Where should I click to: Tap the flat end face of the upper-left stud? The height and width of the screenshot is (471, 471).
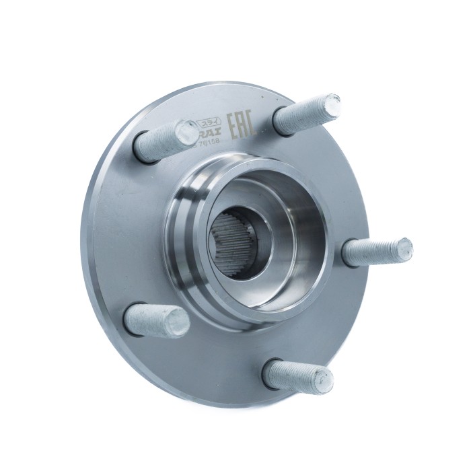point(187,131)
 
